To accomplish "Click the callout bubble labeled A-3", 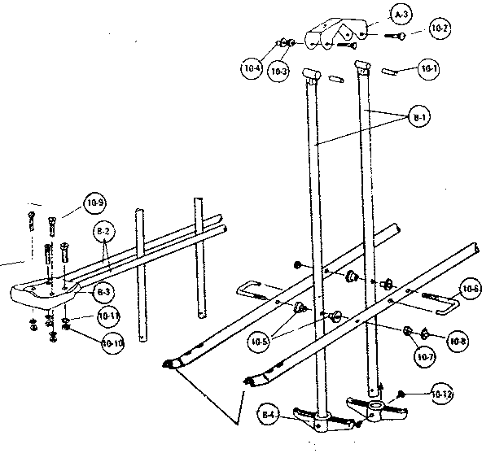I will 400,15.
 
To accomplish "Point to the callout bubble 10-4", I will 252,70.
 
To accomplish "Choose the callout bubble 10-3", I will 279,72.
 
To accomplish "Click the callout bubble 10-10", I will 113,343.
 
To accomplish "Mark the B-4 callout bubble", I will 269,416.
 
